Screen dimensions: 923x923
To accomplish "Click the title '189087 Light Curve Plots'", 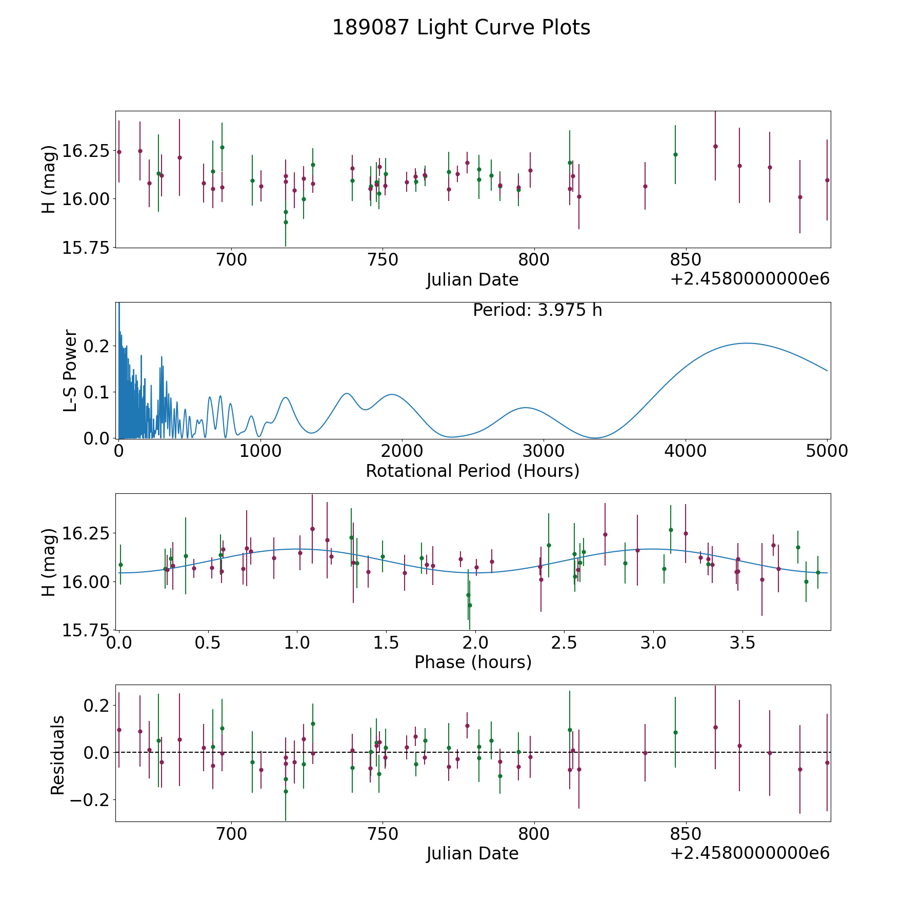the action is [x=461, y=28].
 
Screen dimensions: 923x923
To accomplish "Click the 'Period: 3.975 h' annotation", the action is [x=537, y=310].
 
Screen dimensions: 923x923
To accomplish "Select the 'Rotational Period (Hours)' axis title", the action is [x=472, y=471].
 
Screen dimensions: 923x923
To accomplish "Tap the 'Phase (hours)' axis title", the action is [x=473, y=662].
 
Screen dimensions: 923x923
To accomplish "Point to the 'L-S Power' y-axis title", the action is [x=71, y=370].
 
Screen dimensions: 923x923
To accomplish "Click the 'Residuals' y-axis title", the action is [x=58, y=755].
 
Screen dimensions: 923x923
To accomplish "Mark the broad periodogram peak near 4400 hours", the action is [x=746, y=343].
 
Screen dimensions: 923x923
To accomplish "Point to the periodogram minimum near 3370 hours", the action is [x=595, y=438].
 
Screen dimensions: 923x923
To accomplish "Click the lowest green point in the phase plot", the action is [x=470, y=605].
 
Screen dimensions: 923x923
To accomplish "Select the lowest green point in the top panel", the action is [x=286, y=222].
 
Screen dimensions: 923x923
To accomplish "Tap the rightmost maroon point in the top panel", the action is [x=827, y=180].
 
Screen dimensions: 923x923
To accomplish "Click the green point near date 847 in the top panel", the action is [x=675, y=154].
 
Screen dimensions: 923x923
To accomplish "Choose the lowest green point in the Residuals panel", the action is [x=286, y=791].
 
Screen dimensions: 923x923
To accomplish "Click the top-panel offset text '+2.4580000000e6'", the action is [x=750, y=279].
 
